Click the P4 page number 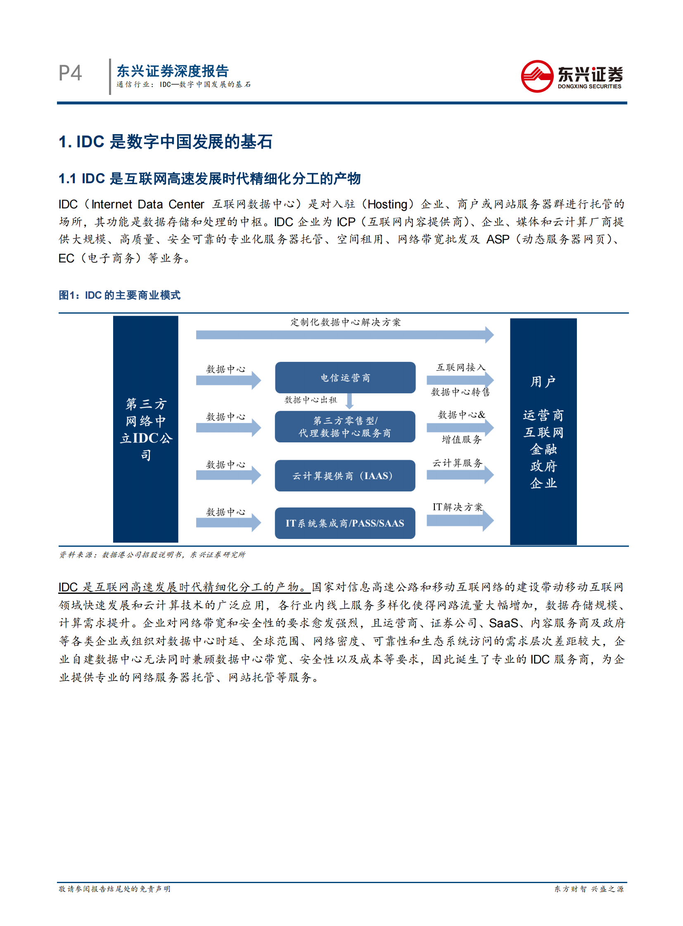70,73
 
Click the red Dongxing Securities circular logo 537,76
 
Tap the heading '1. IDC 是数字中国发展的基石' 165,142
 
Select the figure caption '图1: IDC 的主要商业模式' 119,295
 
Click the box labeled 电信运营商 345,378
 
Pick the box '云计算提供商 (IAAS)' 345,476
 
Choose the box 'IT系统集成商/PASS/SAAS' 345,523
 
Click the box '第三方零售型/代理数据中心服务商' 345,426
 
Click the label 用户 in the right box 543,381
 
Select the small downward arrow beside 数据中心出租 349,400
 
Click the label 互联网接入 460,367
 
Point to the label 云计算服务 457,463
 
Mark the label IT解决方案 457,507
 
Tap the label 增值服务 461,439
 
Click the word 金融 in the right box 543,449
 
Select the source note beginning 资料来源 152,555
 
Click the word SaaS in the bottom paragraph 503,623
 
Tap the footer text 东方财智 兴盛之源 589,889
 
